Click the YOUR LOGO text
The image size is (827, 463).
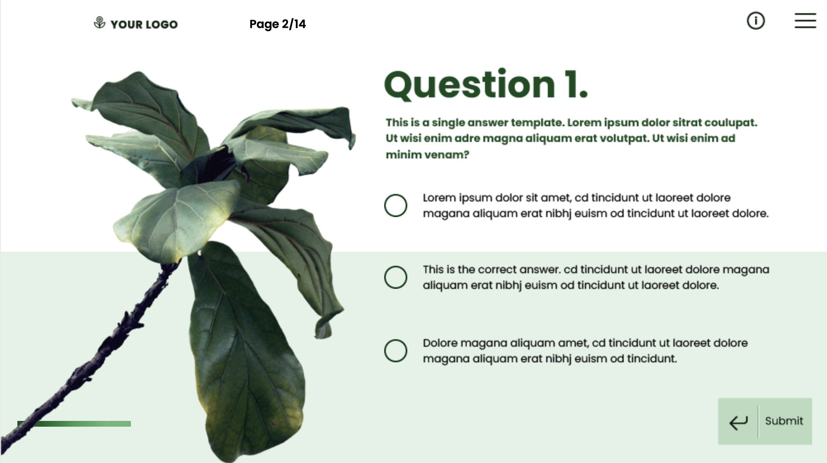pyautogui.click(x=144, y=24)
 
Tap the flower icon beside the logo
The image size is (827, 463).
pyautogui.click(x=100, y=23)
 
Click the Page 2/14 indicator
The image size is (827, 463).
pyautogui.click(x=278, y=24)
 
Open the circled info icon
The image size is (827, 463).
pyautogui.click(x=756, y=21)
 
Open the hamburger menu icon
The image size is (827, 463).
pyautogui.click(x=805, y=21)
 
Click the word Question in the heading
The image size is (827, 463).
pyautogui.click(x=469, y=85)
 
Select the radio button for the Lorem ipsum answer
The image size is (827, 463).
pyautogui.click(x=395, y=206)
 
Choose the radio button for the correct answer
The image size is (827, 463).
pyautogui.click(x=395, y=277)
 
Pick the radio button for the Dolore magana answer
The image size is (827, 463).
pyautogui.click(x=395, y=351)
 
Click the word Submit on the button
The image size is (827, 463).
pyautogui.click(x=784, y=421)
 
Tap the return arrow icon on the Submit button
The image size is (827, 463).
pyautogui.click(x=738, y=422)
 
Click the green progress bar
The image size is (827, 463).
pyautogui.click(x=74, y=424)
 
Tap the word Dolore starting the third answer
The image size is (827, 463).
pyautogui.click(x=440, y=343)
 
